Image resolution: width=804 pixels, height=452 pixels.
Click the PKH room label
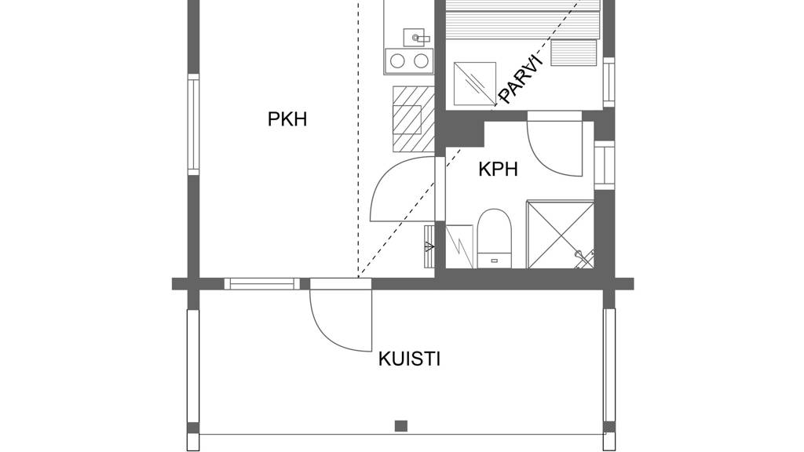pyautogui.click(x=287, y=119)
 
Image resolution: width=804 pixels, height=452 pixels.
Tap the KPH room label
pyautogui.click(x=499, y=169)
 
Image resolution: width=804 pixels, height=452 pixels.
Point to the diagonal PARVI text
pyautogui.click(x=521, y=79)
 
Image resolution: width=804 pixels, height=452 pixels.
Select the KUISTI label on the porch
pyautogui.click(x=409, y=359)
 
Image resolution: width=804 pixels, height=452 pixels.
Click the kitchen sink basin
pyautogui.click(x=416, y=35)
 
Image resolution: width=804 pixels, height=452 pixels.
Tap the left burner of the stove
pyautogui.click(x=398, y=60)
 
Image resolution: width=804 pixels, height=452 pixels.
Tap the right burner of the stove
pyautogui.click(x=421, y=60)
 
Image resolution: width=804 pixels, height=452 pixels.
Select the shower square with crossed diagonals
pyautogui.click(x=560, y=233)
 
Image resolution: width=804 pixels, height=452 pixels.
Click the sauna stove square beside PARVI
pyautogui.click(x=474, y=83)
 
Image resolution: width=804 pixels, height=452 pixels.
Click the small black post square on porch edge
pyautogui.click(x=401, y=426)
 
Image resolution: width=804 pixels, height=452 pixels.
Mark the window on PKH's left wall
pyautogui.click(x=193, y=124)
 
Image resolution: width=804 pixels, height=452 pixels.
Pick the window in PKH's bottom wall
pyautogui.click(x=261, y=283)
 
